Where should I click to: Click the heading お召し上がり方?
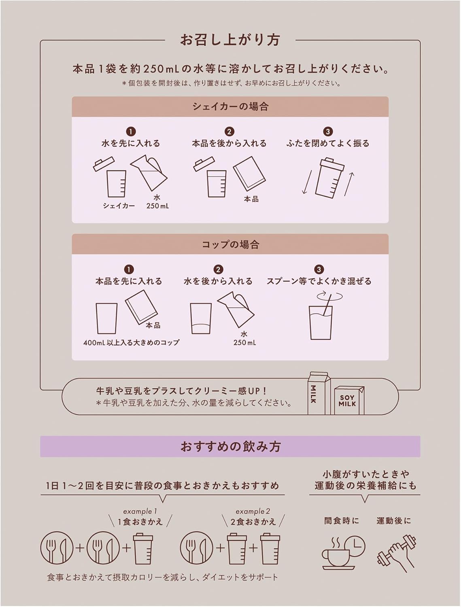(230, 40)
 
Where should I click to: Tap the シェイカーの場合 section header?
(230, 107)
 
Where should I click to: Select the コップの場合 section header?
(230, 244)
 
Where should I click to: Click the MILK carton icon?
(319, 393)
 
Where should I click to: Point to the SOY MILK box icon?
(348, 400)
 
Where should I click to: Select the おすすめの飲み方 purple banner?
(230, 447)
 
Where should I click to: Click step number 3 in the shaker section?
(328, 132)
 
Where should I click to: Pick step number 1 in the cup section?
(129, 270)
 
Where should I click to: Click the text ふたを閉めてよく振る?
(328, 143)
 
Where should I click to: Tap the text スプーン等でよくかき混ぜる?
(319, 281)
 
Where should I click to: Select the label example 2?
(253, 511)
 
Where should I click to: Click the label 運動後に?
(393, 521)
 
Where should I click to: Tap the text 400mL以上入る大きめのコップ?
(131, 342)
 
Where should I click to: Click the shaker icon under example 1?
(143, 549)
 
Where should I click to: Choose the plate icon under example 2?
(197, 548)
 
